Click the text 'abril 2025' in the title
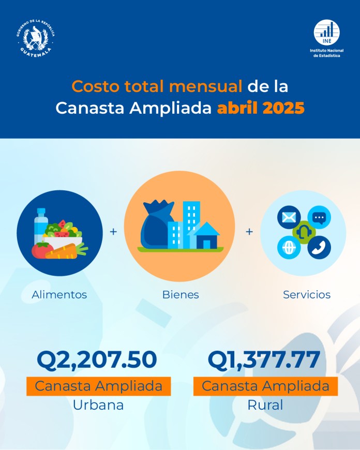261,109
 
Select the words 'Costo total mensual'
157,86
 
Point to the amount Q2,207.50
97,360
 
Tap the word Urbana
98,404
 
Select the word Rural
265,404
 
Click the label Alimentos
59,295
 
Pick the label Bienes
181,295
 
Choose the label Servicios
306,295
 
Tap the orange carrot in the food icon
66,252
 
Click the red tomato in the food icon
41,250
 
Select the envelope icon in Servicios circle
288,217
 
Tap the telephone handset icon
318,246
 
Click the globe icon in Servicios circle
288,247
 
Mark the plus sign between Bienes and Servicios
249,232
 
